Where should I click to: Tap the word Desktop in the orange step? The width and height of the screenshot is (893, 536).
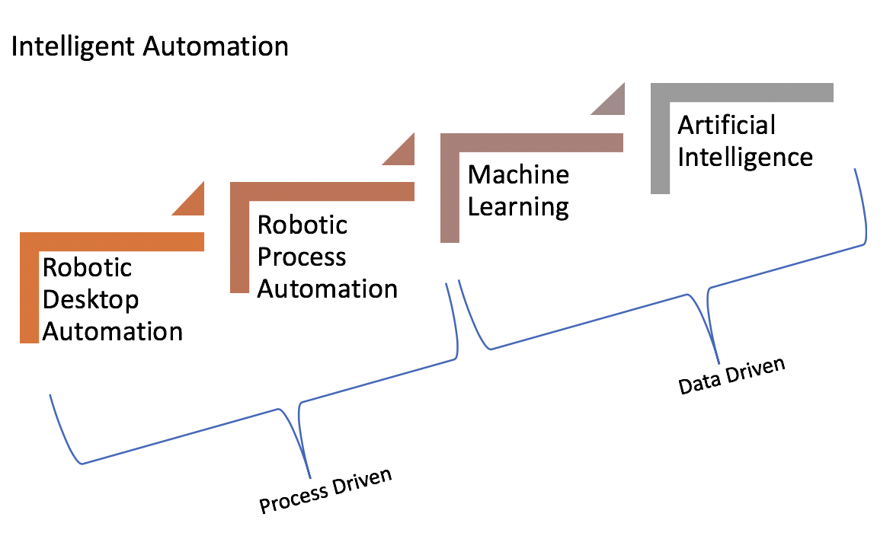91,299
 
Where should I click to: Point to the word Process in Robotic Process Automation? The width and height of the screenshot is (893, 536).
302,257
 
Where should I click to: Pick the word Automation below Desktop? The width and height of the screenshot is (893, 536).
113,331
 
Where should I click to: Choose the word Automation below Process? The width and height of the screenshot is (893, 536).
328,289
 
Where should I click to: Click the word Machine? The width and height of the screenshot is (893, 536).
518,174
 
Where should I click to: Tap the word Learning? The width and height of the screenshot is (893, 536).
518,206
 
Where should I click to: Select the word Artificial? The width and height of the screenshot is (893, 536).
727,124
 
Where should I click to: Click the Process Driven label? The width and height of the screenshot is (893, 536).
326,491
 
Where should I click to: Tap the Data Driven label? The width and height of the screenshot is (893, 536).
731,377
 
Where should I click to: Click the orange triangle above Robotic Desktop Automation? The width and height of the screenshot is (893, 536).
193,203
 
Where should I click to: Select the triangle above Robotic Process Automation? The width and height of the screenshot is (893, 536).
403,152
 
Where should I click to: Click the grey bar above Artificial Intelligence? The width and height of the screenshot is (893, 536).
742,92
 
